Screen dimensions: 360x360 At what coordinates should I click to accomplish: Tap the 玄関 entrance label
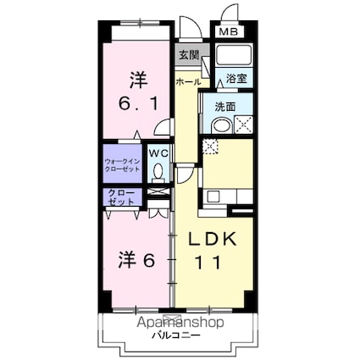pyautogui.click(x=187, y=57)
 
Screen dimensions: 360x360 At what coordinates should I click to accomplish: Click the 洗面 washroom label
pyautogui.click(x=224, y=108)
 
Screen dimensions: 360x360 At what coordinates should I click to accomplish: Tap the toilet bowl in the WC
pyautogui.click(x=158, y=171)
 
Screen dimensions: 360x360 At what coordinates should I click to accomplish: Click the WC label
pyautogui.click(x=158, y=153)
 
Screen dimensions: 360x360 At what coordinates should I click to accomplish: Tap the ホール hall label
pyautogui.click(x=188, y=82)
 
